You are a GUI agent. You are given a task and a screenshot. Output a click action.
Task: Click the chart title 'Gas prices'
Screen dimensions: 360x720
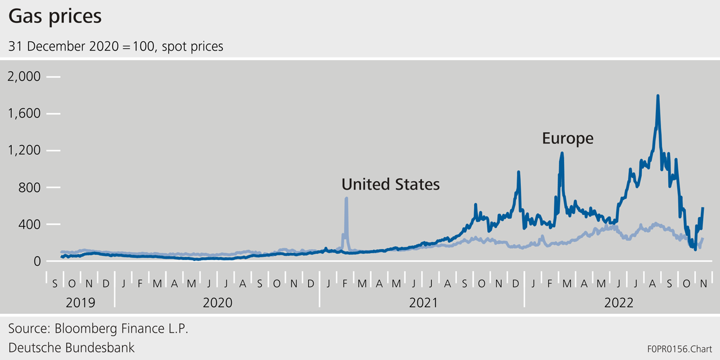click(x=55, y=16)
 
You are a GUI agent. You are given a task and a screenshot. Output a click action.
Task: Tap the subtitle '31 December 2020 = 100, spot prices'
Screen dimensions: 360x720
click(x=115, y=46)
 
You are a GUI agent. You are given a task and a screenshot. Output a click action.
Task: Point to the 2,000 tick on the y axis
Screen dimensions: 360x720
click(x=24, y=76)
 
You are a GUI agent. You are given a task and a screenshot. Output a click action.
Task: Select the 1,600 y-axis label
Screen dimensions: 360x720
click(x=24, y=114)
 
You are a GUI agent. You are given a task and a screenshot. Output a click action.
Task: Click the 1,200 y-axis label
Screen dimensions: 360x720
click(x=24, y=151)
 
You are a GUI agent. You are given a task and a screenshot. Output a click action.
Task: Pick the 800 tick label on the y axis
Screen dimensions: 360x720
click(x=30, y=187)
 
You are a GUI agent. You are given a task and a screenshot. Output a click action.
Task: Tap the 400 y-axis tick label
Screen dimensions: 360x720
click(x=30, y=224)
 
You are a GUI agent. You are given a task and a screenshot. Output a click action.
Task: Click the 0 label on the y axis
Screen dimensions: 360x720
click(x=37, y=261)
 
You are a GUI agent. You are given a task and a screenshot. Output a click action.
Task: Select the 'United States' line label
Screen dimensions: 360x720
click(x=390, y=184)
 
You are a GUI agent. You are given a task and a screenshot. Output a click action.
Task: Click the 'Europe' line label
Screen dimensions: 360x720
click(x=568, y=138)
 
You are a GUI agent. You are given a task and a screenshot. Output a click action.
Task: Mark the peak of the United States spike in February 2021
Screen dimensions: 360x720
click(x=346, y=198)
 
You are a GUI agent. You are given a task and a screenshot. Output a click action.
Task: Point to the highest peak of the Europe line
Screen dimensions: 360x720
click(x=658, y=96)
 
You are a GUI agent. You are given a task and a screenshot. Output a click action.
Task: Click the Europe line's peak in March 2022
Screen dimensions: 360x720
click(x=561, y=153)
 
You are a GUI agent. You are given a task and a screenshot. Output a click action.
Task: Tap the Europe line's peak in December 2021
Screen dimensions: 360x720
click(x=518, y=172)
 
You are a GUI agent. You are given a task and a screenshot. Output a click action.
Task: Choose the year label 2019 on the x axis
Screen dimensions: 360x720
click(x=80, y=303)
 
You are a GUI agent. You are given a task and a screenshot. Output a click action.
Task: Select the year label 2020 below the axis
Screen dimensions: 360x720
click(x=217, y=303)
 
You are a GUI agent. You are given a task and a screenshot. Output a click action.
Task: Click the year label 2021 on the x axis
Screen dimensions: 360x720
click(x=423, y=303)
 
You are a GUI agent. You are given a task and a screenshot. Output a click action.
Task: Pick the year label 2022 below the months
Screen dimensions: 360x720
click(x=619, y=303)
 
